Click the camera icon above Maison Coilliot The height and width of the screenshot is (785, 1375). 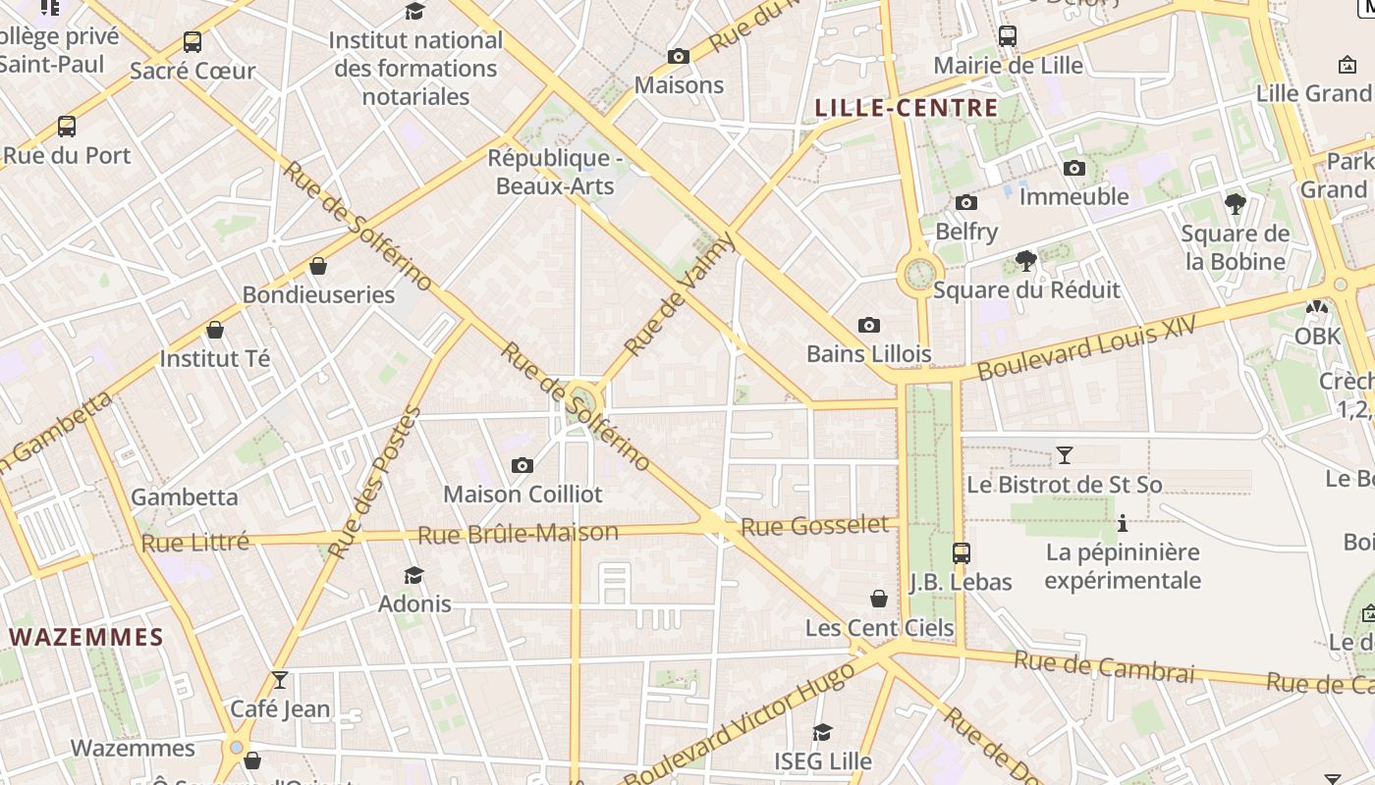(522, 465)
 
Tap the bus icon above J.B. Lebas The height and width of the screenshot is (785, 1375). (961, 552)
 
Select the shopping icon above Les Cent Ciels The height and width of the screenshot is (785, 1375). (879, 599)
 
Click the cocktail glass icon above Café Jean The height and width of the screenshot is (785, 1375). (280, 679)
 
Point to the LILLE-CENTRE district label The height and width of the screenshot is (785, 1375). (907, 108)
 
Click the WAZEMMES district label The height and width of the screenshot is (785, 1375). (86, 637)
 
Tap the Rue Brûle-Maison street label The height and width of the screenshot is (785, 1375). (518, 534)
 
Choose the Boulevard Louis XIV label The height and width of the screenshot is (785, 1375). (1088, 347)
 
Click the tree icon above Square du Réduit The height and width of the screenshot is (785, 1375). (1026, 261)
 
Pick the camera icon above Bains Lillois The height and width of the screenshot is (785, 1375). (869, 325)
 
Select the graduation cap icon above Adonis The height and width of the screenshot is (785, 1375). (414, 575)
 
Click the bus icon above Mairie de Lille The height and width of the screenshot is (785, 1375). (1008, 36)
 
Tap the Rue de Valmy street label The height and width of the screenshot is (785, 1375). (680, 294)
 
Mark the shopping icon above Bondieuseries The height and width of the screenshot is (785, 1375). (318, 266)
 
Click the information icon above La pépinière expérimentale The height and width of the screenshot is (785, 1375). (1123, 523)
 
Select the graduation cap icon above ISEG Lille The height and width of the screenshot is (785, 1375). (822, 732)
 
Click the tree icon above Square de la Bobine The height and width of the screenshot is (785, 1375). (1236, 204)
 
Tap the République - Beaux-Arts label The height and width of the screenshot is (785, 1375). (556, 172)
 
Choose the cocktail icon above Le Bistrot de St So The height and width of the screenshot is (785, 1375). (1064, 455)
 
